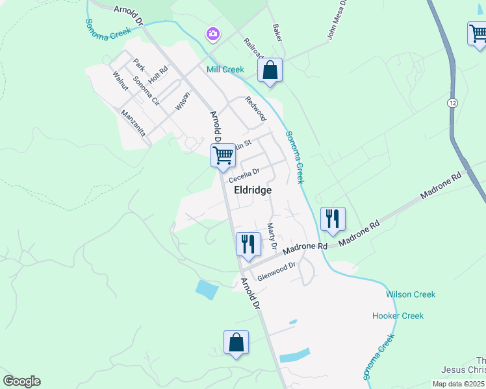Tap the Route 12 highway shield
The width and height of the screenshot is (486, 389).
coord(452,103)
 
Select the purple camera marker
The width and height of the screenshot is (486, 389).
coord(212,33)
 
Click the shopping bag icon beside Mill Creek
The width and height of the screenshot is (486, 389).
coord(270,70)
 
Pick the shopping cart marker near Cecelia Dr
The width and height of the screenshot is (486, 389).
coord(223,156)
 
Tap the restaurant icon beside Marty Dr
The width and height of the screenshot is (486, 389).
coord(248,244)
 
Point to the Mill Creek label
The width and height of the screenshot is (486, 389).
coord(225,69)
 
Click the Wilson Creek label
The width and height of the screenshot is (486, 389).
coord(411,294)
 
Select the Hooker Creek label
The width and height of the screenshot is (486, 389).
coord(398,316)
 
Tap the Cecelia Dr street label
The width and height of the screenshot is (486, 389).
coord(244,174)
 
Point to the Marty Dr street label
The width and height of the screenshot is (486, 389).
coord(272,237)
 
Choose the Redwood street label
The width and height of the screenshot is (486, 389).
coord(256,108)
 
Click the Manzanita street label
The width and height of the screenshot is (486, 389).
coord(133,122)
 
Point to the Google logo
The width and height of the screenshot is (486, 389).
coord(21,381)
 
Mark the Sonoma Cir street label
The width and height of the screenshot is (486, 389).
coord(146,90)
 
